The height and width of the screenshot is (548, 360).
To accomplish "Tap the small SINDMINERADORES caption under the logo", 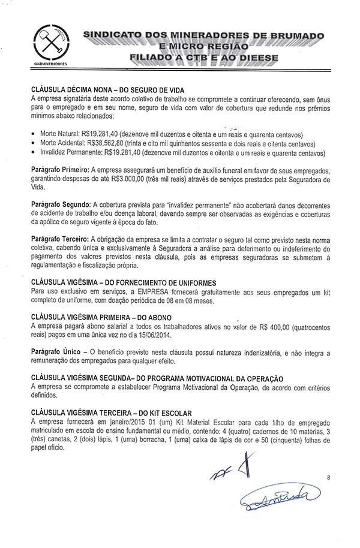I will click(50, 62).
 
